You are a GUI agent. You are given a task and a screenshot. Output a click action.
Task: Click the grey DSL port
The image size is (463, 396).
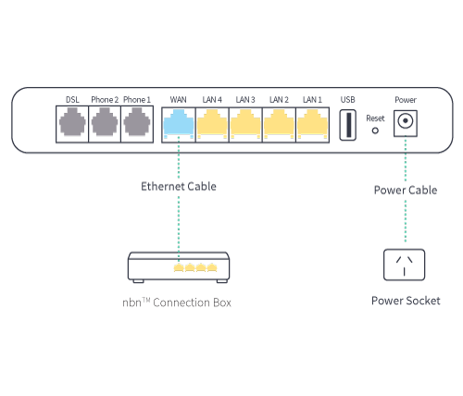click(72, 124)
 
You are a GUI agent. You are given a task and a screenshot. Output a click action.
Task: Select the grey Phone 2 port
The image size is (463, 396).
click(105, 124)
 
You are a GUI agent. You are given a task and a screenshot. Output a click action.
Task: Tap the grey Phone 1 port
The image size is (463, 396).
click(137, 124)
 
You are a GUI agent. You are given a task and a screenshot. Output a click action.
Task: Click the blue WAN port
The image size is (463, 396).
click(178, 124)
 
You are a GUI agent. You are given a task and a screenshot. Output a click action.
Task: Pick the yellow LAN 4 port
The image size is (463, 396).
click(212, 124)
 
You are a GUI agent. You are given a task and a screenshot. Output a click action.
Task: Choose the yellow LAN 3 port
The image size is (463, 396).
click(245, 124)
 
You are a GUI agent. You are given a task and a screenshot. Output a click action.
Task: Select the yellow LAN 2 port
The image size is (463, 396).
click(279, 124)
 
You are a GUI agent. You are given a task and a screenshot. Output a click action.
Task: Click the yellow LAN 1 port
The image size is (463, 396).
click(312, 124)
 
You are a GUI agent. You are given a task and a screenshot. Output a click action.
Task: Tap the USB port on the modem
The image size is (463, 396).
click(347, 124)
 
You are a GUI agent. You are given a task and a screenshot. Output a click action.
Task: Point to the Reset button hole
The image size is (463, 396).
click(375, 130)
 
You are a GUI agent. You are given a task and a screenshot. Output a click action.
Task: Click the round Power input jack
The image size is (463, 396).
click(405, 122)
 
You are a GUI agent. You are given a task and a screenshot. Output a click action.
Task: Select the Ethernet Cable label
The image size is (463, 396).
click(179, 187)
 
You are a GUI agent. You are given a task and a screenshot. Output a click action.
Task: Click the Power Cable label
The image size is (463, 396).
click(405, 191)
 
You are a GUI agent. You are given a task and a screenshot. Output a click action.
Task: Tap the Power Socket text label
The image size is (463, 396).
click(405, 301)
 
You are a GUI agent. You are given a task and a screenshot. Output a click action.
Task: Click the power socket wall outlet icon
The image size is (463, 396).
click(405, 265)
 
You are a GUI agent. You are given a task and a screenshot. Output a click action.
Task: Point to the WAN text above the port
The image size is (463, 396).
click(178, 99)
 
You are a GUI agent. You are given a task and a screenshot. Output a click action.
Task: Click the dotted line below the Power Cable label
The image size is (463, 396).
click(405, 222)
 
